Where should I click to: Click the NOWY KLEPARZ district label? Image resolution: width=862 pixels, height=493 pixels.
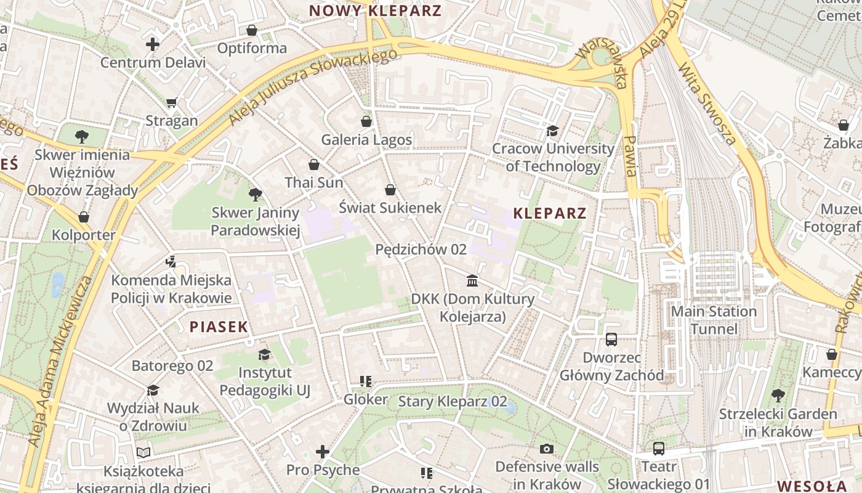coord(375,10)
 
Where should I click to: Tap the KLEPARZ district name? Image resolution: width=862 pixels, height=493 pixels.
coord(550,213)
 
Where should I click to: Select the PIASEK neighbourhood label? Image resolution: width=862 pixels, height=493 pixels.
coord(219,327)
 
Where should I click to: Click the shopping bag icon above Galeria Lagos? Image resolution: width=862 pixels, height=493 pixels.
coord(366,121)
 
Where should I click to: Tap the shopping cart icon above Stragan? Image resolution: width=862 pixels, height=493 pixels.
coord(171,102)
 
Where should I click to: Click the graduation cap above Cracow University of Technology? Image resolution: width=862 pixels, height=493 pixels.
coord(552,131)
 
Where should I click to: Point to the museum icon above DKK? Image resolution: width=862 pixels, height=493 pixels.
coord(472,281)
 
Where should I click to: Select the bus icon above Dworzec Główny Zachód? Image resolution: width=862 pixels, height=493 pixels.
coord(611,339)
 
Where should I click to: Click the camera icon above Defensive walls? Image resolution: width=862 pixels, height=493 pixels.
coord(547,449)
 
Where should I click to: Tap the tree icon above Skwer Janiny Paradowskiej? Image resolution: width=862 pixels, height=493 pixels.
coord(255,195)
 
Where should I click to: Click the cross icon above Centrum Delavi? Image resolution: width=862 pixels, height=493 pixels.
coord(153,44)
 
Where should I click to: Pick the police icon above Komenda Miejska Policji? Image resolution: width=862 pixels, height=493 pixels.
coord(171,262)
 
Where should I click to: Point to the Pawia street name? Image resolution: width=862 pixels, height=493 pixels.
coord(629,157)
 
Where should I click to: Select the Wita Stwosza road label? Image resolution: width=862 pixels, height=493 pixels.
coord(707,104)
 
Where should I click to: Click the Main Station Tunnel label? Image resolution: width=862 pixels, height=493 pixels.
coord(714,320)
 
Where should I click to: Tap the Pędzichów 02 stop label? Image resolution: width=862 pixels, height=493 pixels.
coord(421,250)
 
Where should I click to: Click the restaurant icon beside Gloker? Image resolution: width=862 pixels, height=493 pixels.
coord(366,381)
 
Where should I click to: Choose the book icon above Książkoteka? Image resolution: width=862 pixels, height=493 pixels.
coord(143,453)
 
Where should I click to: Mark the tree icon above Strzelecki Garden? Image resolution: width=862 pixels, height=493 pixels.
coord(778,395)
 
